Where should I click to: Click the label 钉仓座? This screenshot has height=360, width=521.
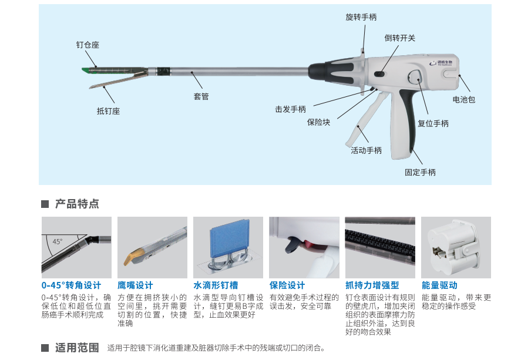point(88,45)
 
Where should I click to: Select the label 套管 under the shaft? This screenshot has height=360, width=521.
point(201,96)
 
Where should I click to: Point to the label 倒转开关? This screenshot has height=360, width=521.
point(399,38)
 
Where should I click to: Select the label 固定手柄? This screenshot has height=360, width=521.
point(420,172)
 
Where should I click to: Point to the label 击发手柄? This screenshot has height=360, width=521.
point(290,109)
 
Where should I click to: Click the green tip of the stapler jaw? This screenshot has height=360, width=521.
point(86,70)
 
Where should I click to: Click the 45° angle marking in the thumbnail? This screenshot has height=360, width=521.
point(57,241)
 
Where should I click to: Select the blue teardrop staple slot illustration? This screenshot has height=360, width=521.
point(227,242)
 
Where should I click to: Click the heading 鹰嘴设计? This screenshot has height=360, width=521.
point(135,285)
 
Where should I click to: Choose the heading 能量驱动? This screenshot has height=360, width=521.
point(440,285)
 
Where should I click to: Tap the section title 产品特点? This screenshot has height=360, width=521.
point(77,204)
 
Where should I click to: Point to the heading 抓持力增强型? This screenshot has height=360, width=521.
point(372,285)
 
